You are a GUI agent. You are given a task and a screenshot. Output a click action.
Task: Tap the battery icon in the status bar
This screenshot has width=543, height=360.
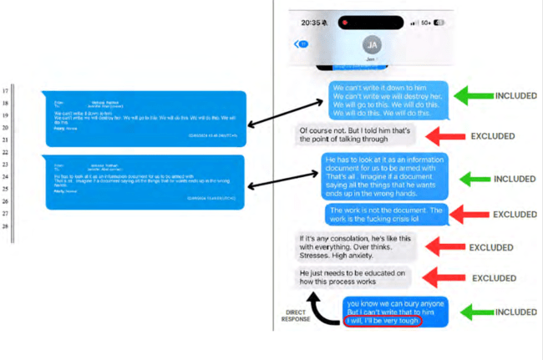(439, 23)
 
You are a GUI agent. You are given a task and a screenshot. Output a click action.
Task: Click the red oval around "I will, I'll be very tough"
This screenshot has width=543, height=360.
(383, 321)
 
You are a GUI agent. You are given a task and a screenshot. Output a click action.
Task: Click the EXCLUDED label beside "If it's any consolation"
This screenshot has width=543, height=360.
(490, 248)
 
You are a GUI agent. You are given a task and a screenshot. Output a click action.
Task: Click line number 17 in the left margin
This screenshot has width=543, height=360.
(7, 90)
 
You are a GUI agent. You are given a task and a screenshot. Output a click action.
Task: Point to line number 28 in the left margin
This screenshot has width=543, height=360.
(7, 226)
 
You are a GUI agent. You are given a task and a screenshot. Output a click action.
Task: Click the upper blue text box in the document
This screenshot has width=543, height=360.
(146, 115)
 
